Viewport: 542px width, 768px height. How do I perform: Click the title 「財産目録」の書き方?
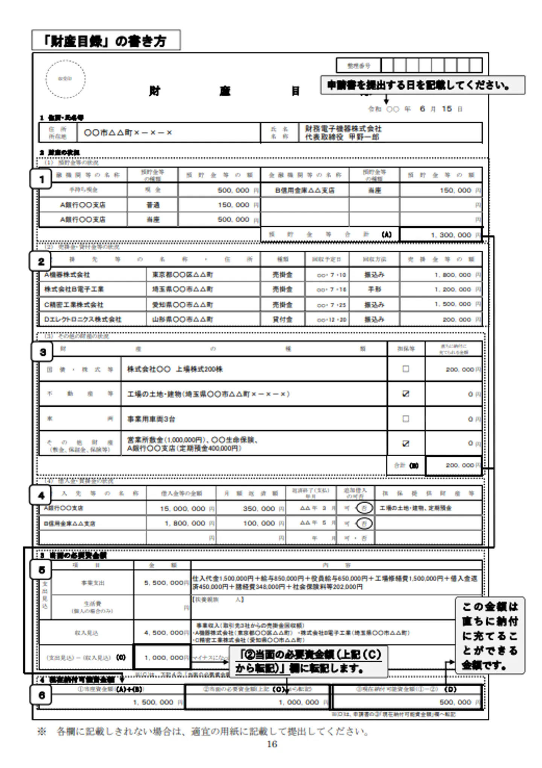pyautogui.click(x=106, y=41)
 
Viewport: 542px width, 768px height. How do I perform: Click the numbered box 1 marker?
pyautogui.click(x=41, y=179)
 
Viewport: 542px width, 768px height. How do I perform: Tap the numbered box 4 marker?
pyautogui.click(x=41, y=495)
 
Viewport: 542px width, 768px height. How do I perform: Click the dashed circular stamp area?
pyautogui.click(x=65, y=79)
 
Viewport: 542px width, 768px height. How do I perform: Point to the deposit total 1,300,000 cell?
pyautogui.click(x=440, y=235)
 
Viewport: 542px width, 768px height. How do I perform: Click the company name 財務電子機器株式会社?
pyautogui.click(x=343, y=129)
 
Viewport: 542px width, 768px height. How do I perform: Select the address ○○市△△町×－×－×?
pyautogui.click(x=128, y=133)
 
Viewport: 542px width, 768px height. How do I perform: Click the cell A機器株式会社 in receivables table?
pyautogui.click(x=67, y=275)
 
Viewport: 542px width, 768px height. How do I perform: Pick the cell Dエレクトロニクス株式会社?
pyautogui.click(x=83, y=319)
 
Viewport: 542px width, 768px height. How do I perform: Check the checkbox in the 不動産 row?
pyautogui.click(x=406, y=394)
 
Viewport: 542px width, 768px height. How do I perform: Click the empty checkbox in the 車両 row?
pyautogui.click(x=406, y=419)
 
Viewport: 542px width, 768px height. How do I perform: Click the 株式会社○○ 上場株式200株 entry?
pyautogui.click(x=175, y=369)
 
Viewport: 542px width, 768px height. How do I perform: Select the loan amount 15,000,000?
pyautogui.click(x=182, y=509)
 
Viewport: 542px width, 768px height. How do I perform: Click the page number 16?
pyautogui.click(x=272, y=744)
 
